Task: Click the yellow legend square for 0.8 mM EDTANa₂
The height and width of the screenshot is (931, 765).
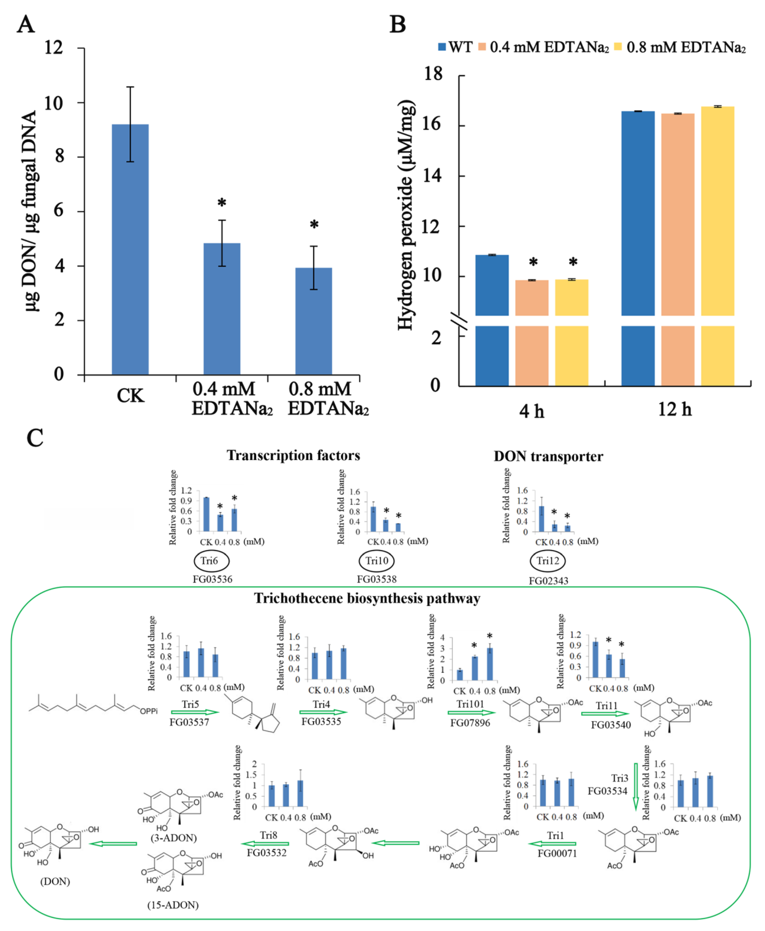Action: point(618,47)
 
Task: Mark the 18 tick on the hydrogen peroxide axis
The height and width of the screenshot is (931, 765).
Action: point(433,74)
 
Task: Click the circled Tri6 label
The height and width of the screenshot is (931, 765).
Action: point(211,561)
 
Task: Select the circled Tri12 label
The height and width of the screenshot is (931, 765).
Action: point(547,561)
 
